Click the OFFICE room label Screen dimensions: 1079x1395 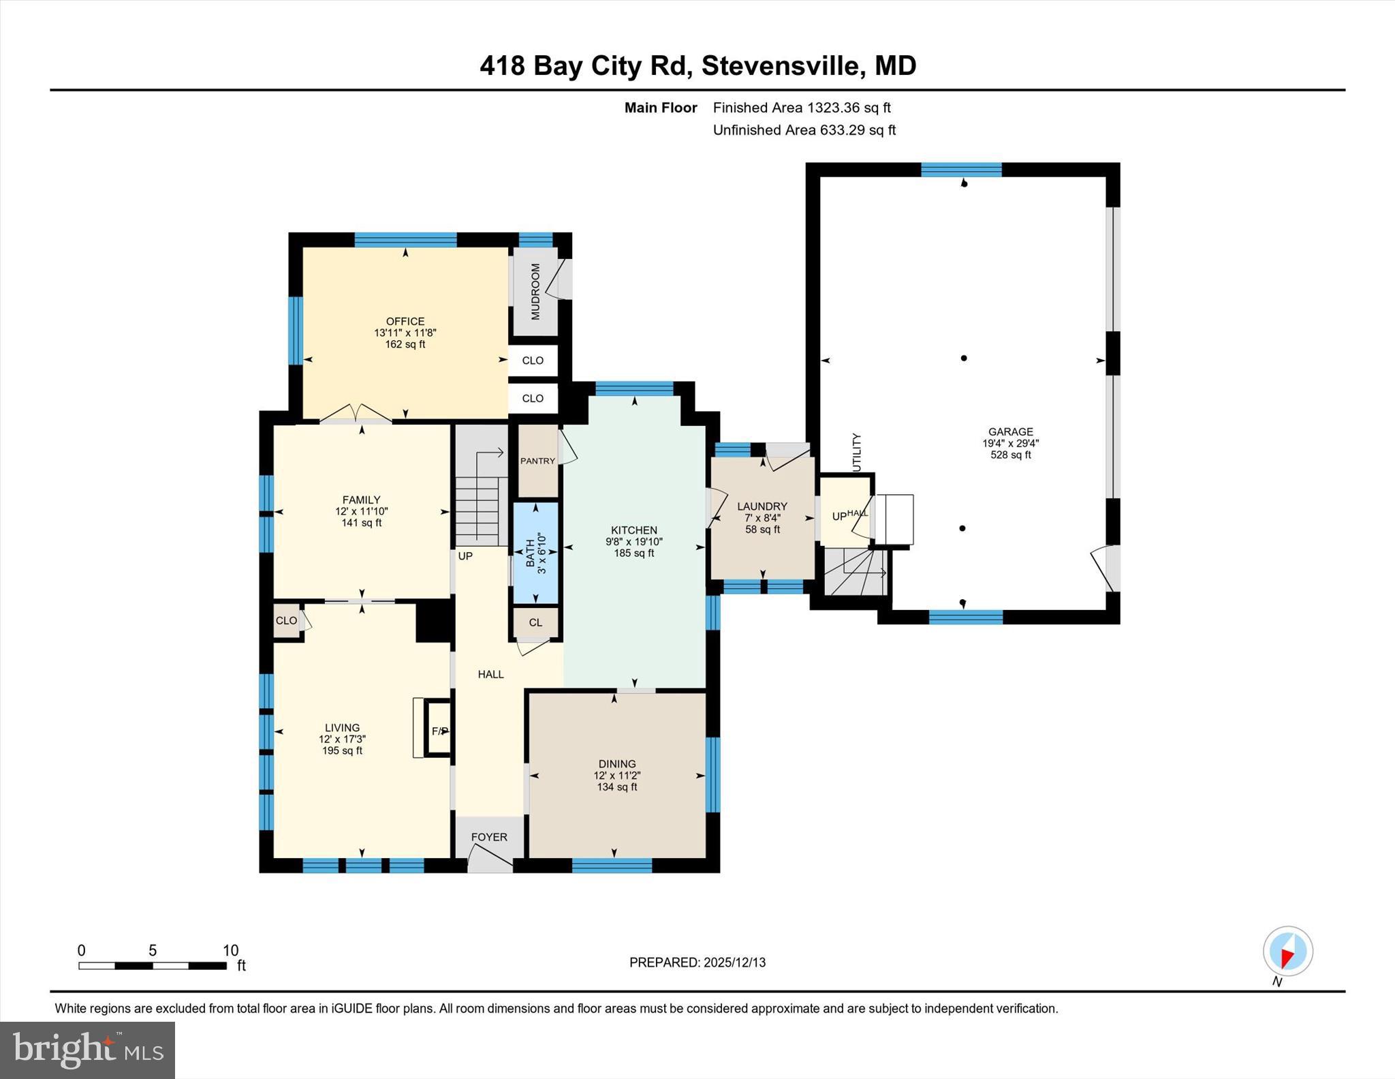pyautogui.click(x=405, y=321)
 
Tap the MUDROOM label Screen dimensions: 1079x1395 pyautogui.click(x=535, y=291)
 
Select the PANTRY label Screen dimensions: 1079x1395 pyautogui.click(x=537, y=461)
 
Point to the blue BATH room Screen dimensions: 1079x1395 pyautogui.click(x=535, y=553)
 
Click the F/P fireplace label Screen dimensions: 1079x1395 pyautogui.click(x=439, y=731)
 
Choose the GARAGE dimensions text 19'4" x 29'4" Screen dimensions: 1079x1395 pyautogui.click(x=1010, y=443)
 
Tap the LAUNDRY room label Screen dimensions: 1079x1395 pyautogui.click(x=762, y=506)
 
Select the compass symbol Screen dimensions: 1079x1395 pyautogui.click(x=1287, y=951)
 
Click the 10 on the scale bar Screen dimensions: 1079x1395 pyautogui.click(x=230, y=950)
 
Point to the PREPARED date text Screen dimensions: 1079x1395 pyautogui.click(x=697, y=962)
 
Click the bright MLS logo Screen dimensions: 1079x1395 pyautogui.click(x=87, y=1050)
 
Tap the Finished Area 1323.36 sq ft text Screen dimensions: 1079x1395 pyautogui.click(x=801, y=108)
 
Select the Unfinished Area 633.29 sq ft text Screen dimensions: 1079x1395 pyautogui.click(x=804, y=130)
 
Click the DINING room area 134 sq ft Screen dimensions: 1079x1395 pyautogui.click(x=616, y=787)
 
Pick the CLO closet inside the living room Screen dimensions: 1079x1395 pyautogui.click(x=286, y=620)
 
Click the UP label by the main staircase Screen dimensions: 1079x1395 pyautogui.click(x=465, y=556)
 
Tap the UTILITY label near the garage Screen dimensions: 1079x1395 pyautogui.click(x=857, y=452)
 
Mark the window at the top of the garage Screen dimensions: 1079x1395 pyautogui.click(x=961, y=170)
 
